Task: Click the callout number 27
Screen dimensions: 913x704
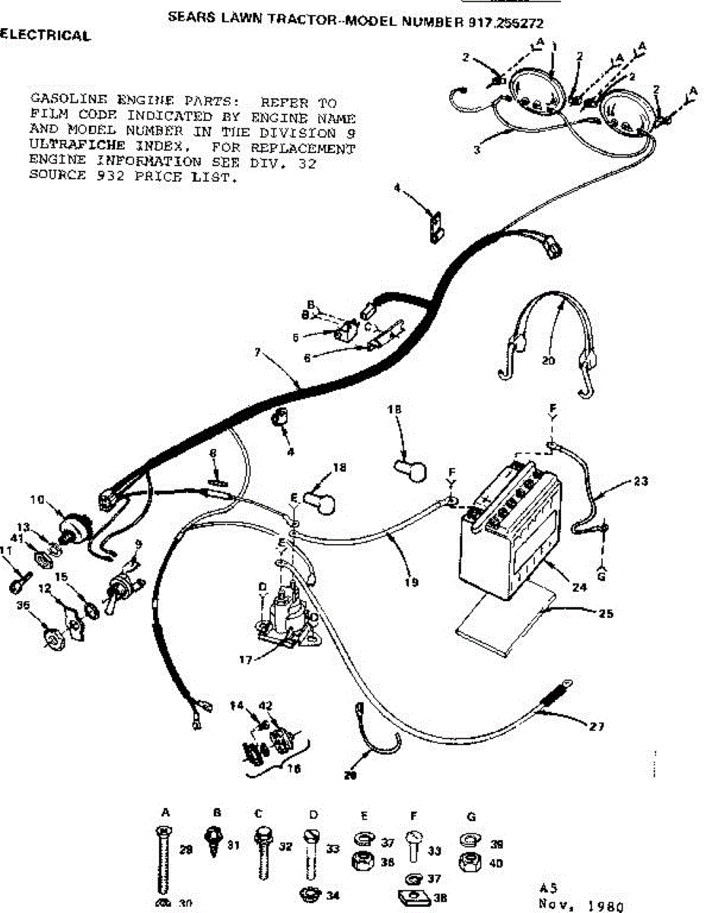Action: pos(597,727)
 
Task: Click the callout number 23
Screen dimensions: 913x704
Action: pos(642,481)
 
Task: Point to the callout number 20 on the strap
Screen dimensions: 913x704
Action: pos(548,361)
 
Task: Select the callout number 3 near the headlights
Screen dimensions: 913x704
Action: pos(476,150)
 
